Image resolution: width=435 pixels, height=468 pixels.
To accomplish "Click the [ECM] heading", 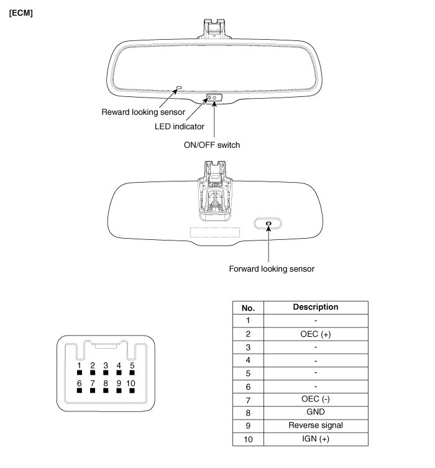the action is (x=21, y=13).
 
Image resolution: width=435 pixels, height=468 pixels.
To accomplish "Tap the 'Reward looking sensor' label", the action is (x=143, y=112).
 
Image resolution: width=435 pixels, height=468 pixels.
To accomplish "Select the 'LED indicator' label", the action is (x=180, y=127).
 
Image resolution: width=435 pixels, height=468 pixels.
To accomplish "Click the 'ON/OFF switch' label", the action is (x=212, y=145).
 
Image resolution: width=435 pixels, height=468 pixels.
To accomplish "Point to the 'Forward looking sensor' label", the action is (x=272, y=269).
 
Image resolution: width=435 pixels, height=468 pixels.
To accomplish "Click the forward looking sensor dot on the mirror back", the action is (x=268, y=223).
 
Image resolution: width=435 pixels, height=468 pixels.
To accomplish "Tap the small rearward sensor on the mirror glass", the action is (x=180, y=88).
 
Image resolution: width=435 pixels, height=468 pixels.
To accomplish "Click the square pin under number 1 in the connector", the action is (x=80, y=372).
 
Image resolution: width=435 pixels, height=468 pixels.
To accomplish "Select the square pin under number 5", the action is (x=132, y=372).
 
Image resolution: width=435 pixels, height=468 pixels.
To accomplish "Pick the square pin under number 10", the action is (x=132, y=390).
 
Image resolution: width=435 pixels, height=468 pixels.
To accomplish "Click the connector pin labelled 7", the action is (x=93, y=390).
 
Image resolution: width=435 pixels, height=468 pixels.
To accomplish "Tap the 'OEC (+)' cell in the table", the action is (x=316, y=334).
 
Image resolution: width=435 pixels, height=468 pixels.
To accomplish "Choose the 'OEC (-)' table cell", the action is (x=316, y=400).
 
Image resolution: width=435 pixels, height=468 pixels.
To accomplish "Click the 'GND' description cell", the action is (x=316, y=413).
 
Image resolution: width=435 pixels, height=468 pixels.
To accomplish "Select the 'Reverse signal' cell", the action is (x=316, y=426).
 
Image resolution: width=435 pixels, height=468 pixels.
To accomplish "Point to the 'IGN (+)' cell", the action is (x=316, y=439).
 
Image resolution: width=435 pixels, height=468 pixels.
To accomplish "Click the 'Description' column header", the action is (x=316, y=308).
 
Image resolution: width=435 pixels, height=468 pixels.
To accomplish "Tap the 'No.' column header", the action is (x=248, y=308).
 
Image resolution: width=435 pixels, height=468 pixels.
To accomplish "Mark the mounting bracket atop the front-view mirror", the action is (x=214, y=29).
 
